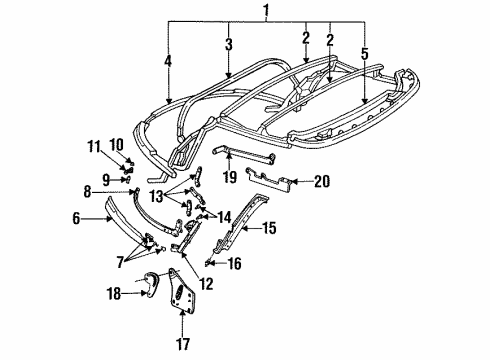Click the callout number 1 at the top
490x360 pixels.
pyautogui.click(x=266, y=12)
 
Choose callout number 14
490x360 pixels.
pyautogui.click(x=250, y=216)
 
